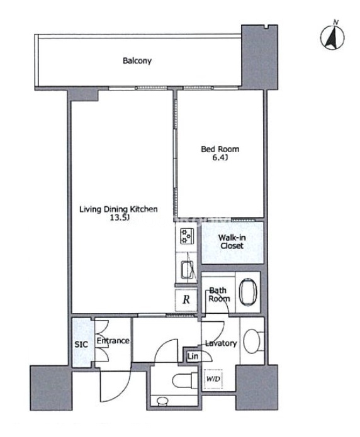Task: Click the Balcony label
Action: coord(137,60)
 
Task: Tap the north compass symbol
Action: coord(332,36)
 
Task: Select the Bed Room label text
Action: coord(220,149)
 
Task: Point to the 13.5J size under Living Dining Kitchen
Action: coord(119,218)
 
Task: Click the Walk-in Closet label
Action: coord(232,241)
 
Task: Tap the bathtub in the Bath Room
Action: coord(248,292)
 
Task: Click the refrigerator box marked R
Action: coord(186,300)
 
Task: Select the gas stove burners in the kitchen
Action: coord(186,236)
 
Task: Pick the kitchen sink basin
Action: coord(188,270)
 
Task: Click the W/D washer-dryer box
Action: coord(213,379)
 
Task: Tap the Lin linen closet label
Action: coord(193,356)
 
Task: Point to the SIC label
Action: coord(81,345)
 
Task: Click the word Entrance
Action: coord(113,341)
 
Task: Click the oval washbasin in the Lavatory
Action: coord(252,341)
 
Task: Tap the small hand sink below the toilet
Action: coord(162,401)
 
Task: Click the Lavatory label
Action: coord(221,343)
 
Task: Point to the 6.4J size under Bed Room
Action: coord(220,158)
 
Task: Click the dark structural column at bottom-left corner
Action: coord(51,388)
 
